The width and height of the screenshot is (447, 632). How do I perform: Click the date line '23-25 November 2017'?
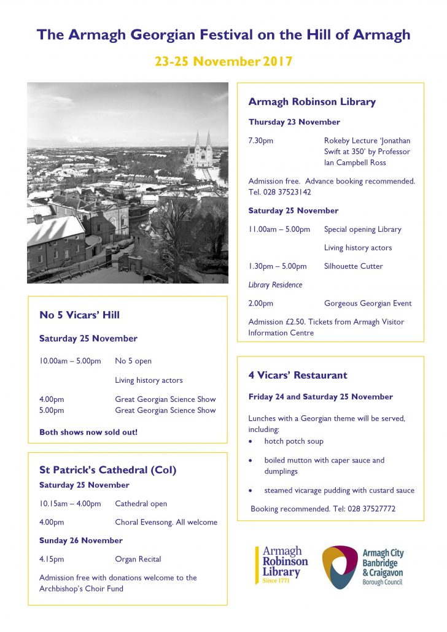click(x=223, y=61)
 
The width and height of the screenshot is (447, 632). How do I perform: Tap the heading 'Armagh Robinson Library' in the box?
click(x=312, y=102)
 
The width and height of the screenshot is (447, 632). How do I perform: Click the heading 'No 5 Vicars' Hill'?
click(x=79, y=315)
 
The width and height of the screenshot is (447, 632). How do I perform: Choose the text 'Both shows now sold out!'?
click(x=88, y=432)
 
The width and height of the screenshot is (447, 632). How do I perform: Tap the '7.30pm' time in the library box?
click(x=261, y=141)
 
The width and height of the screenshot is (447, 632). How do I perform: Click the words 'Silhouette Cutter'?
click(x=353, y=266)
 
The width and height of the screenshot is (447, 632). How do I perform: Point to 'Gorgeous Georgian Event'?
click(x=368, y=303)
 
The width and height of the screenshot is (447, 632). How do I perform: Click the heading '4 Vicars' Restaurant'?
click(x=298, y=375)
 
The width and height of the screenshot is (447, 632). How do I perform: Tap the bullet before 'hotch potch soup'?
click(x=251, y=442)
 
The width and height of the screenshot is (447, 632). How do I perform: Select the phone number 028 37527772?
click(x=365, y=509)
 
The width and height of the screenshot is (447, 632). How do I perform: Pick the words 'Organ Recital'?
click(x=138, y=559)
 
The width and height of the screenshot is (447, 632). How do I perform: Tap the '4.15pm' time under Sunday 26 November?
click(x=52, y=559)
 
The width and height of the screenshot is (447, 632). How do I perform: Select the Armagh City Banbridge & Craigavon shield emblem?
click(x=340, y=566)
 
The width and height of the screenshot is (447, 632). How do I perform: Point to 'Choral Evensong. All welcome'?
click(x=166, y=522)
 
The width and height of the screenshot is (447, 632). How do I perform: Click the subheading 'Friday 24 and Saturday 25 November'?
click(x=321, y=396)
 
